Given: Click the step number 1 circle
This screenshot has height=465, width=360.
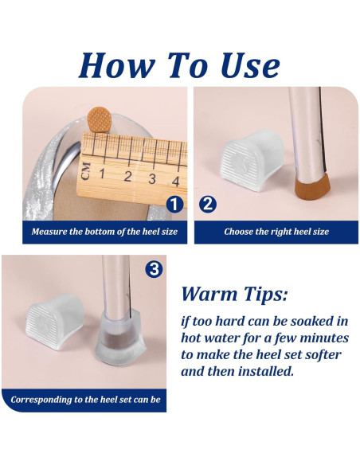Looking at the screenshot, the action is click(x=174, y=205).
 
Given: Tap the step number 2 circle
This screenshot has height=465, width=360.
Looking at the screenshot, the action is click(x=208, y=205).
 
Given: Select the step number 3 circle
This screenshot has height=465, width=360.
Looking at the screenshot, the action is click(x=155, y=269).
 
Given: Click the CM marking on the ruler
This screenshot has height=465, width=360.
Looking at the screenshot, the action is click(x=86, y=171).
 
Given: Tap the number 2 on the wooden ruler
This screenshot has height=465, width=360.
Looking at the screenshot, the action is click(x=127, y=177).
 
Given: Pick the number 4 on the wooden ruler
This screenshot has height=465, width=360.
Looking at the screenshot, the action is click(x=176, y=181).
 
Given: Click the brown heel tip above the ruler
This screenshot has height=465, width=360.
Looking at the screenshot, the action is click(x=100, y=119).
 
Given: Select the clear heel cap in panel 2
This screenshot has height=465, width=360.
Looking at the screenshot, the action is click(x=252, y=160).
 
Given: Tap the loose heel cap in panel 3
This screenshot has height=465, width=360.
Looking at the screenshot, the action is click(x=55, y=322).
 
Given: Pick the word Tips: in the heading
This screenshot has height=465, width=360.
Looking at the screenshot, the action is click(x=266, y=295).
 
